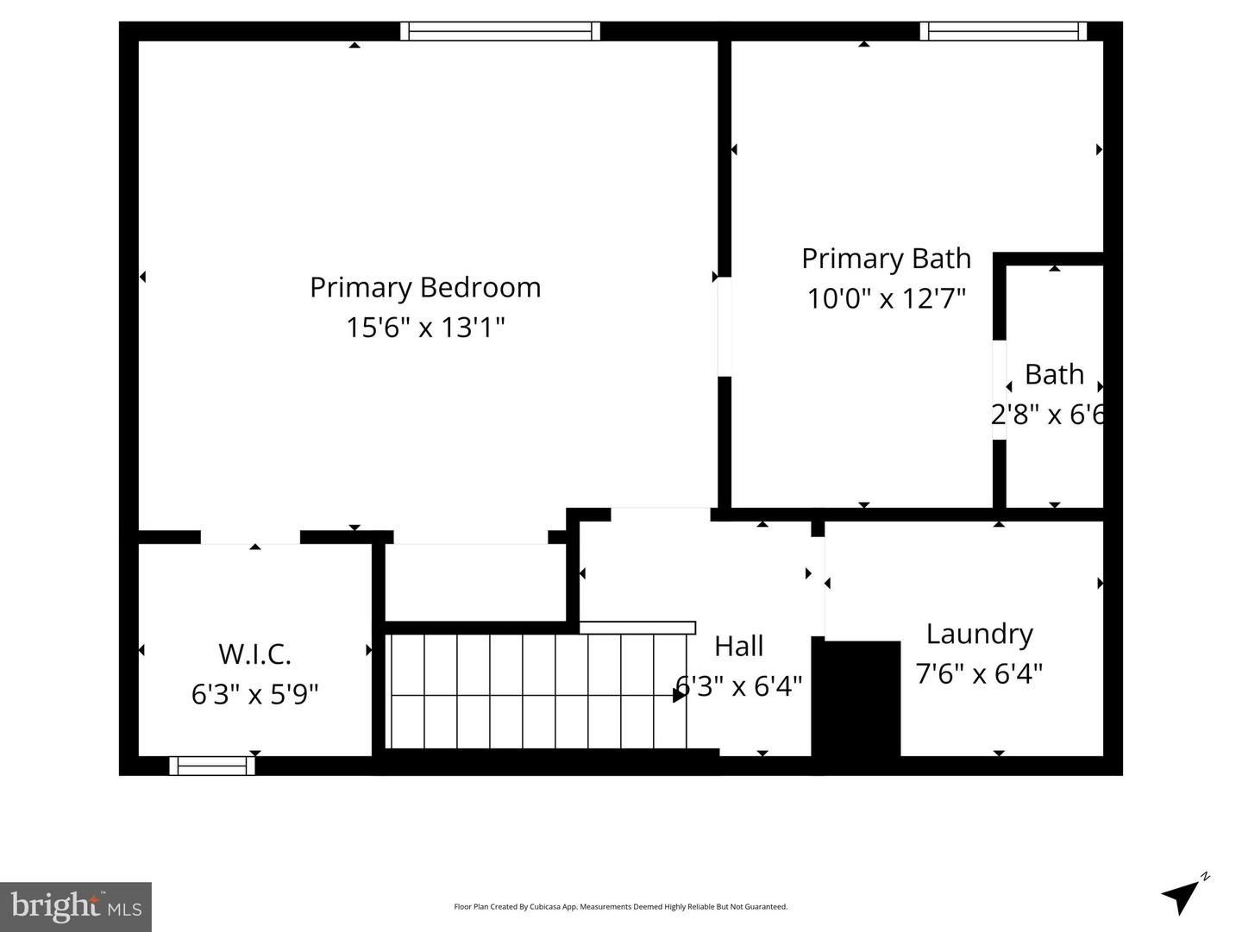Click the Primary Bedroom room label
425,287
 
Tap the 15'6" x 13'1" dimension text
425,328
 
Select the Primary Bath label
886,259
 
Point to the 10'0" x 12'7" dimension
886,298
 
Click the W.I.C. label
254,654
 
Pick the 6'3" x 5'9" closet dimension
254,693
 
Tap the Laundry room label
979,634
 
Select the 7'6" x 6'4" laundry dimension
979,673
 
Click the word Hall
739,646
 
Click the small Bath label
1054,374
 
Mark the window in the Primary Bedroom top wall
500,32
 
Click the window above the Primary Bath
1003,32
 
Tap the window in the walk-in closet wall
212,766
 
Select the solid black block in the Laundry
856,698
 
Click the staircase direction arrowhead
680,694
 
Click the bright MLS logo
76,906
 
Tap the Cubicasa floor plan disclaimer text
620,907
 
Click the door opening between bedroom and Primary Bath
724,327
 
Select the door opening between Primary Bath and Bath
999,391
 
